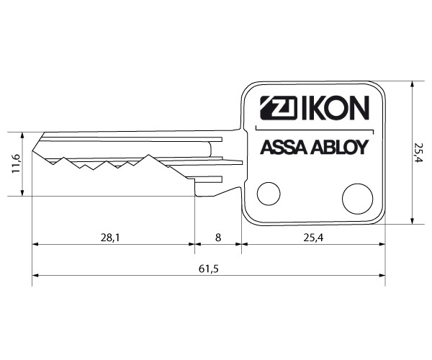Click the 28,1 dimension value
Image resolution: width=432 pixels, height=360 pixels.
point(110,237)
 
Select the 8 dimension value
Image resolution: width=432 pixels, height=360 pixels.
point(218,237)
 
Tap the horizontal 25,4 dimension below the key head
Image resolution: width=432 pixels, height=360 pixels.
point(313,237)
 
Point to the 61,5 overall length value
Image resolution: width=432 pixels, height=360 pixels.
point(209,269)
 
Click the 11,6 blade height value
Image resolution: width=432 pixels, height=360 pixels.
point(16,163)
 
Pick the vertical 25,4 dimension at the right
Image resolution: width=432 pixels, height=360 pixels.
point(418,153)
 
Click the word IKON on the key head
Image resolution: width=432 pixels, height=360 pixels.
point(336,108)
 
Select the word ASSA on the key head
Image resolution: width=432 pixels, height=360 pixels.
point(284,148)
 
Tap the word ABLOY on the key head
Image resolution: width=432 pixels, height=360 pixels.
point(339,148)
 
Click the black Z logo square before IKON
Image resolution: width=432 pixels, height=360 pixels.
point(278,108)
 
